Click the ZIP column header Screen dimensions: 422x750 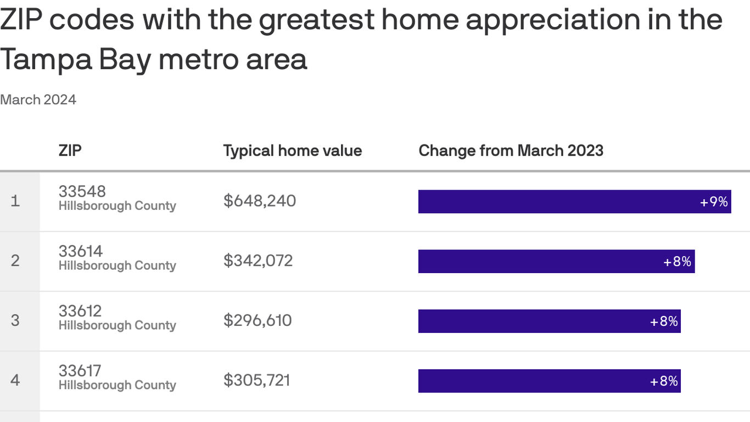click(70, 151)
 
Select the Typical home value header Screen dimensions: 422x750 click(292, 151)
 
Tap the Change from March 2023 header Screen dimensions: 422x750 click(511, 151)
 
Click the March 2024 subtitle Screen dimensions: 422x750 click(38, 99)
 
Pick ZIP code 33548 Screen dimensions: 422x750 click(82, 191)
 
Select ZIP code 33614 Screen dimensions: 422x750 click(81, 251)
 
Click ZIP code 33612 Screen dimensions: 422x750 click(80, 311)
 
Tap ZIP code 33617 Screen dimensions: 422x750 click(80, 371)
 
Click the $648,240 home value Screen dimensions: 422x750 click(260, 201)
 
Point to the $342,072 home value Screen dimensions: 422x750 click(258, 260)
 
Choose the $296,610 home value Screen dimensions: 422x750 click(258, 320)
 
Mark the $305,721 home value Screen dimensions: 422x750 click(257, 380)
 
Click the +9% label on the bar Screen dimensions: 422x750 click(714, 202)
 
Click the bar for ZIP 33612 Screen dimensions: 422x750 click(549, 321)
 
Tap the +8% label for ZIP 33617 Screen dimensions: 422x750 click(664, 381)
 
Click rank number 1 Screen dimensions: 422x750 click(15, 201)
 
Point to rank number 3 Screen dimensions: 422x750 click(15, 320)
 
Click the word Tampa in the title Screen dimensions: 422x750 click(46, 59)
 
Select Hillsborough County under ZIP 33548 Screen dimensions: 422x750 click(117, 206)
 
